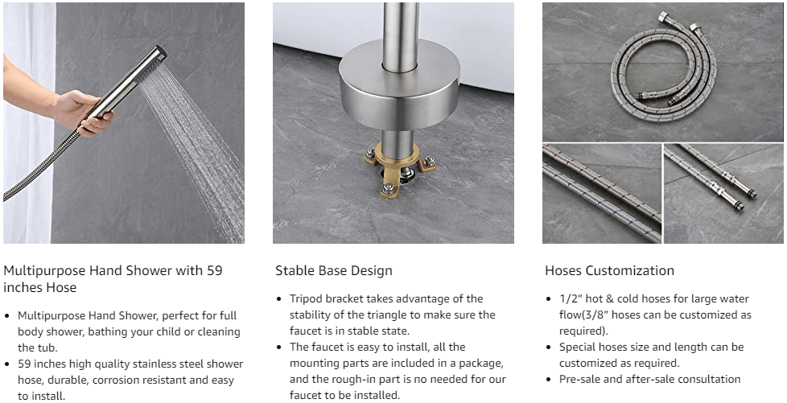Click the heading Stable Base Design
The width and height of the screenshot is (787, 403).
point(334,270)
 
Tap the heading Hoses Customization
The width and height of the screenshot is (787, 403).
point(609,270)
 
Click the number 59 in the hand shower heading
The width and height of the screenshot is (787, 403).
point(214,270)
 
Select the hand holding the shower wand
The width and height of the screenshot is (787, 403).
point(82,112)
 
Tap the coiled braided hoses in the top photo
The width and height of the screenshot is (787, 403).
point(664,65)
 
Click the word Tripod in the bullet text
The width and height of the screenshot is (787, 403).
point(306,299)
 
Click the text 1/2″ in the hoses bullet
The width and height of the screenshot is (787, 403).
point(569,299)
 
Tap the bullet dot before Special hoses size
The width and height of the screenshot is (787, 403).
point(549,347)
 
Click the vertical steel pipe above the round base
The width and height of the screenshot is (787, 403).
point(400,35)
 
